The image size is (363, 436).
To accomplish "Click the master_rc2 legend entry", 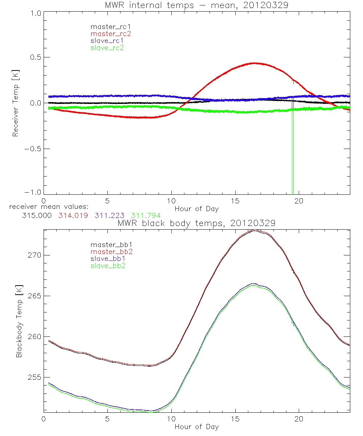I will [x=110, y=33].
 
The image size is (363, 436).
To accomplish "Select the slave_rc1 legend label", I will [x=108, y=41].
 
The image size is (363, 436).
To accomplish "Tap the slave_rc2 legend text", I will [x=107, y=48].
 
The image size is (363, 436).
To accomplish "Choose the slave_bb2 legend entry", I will [x=108, y=266].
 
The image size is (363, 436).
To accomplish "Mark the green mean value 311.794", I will [x=146, y=215].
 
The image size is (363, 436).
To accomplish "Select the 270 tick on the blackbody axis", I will [x=34, y=255].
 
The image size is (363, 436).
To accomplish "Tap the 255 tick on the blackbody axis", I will [x=34, y=378].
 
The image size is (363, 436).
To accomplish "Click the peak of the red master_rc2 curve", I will [x=254, y=63].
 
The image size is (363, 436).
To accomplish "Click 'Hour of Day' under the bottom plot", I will [x=196, y=427].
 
